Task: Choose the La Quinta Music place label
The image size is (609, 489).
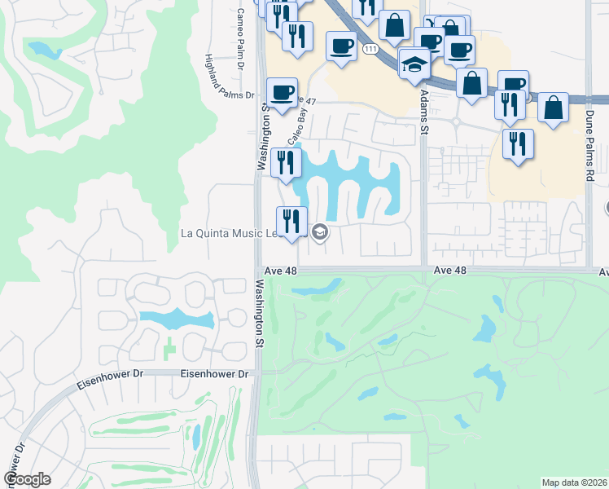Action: (231, 234)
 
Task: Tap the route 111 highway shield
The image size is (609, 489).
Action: (371, 51)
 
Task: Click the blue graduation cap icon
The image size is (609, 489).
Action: (414, 64)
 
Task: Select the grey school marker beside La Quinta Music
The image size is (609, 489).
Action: (320, 233)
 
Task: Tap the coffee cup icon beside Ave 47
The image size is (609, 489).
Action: (282, 92)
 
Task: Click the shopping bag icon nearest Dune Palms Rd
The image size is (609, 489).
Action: (553, 108)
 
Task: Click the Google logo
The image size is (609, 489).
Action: (26, 479)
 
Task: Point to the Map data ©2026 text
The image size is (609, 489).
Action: (574, 482)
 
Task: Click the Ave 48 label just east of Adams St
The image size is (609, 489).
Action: (450, 271)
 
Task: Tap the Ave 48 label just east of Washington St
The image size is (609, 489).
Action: (281, 271)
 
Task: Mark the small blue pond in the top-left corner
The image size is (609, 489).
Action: (42, 50)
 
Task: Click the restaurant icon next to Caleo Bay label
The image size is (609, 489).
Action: (284, 163)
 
